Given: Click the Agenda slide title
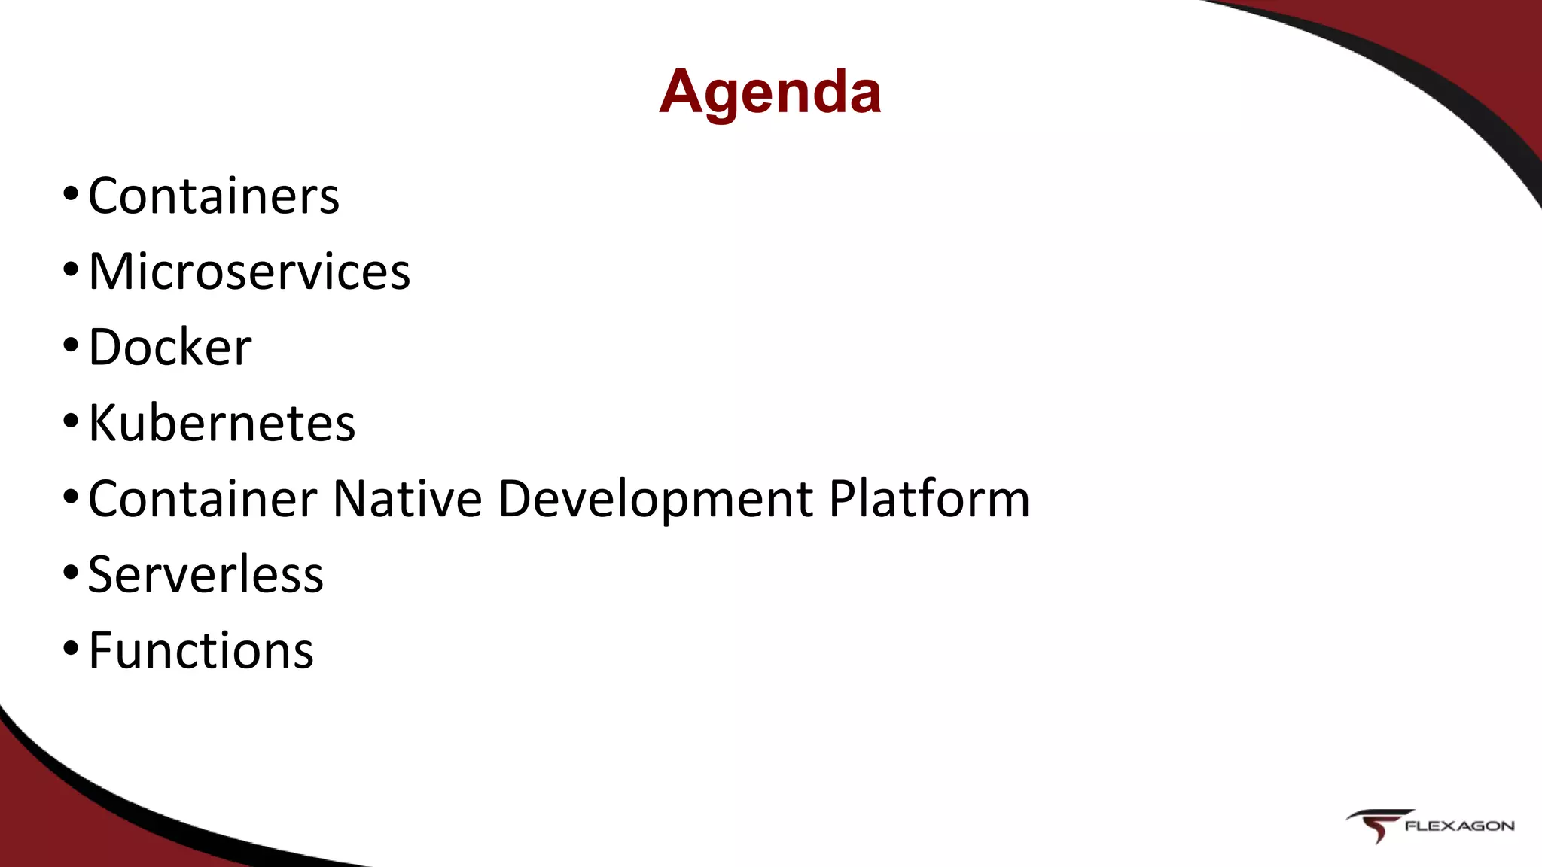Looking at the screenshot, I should point(769,92).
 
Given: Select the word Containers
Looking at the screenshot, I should point(214,196).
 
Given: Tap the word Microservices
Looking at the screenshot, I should point(249,272).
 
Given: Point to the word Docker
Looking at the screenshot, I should point(170,348).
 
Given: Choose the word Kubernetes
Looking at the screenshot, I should point(221,423).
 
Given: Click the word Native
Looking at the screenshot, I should point(407,499).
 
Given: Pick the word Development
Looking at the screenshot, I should point(655,500).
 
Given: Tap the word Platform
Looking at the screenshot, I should point(929,499).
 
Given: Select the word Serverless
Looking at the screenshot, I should point(206,575).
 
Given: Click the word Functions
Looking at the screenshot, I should point(201,651).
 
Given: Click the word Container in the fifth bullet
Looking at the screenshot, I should point(203,499).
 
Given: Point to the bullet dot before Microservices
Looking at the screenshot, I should point(70,269).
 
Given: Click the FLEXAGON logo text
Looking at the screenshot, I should point(1459,826).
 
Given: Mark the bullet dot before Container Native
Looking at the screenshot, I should point(70,497).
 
